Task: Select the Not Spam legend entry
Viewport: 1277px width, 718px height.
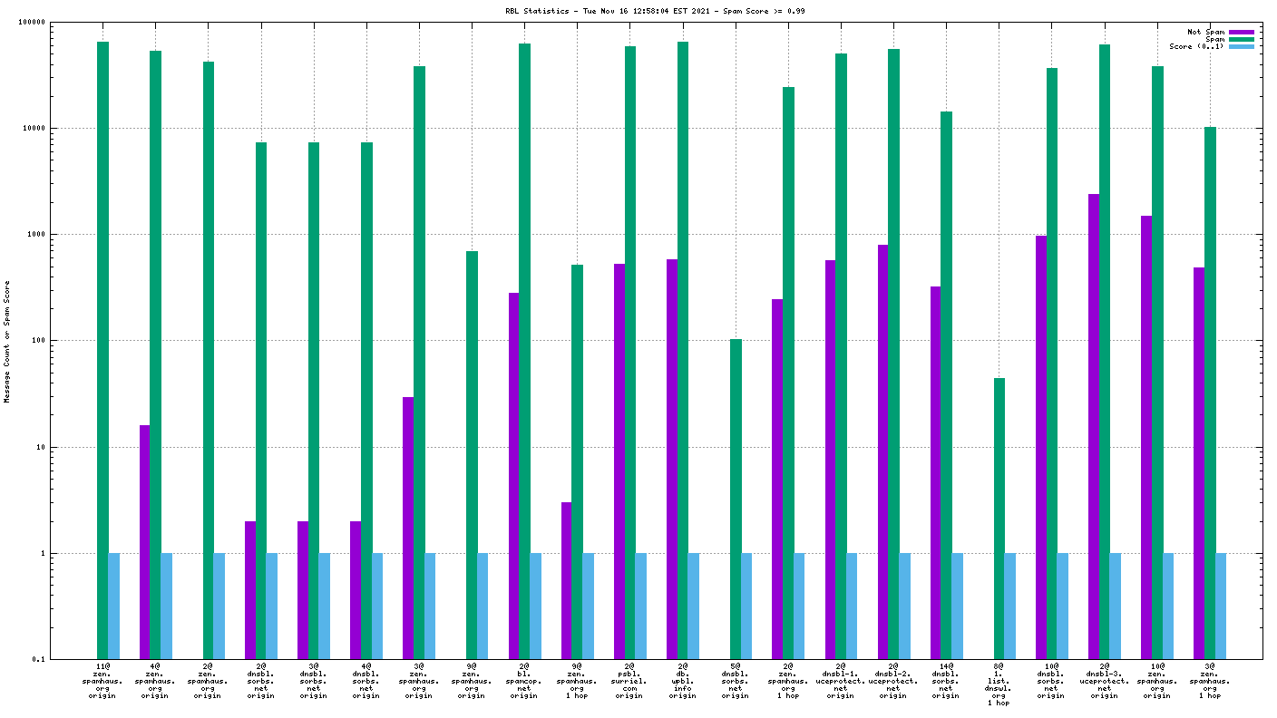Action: pos(1206,32)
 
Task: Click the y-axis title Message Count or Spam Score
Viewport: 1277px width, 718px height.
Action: pos(7,341)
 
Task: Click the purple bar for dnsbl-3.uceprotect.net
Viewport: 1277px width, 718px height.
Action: pos(1094,426)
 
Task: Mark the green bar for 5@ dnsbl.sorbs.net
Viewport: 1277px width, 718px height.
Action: pos(736,499)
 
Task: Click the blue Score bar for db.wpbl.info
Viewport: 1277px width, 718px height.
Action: pos(694,606)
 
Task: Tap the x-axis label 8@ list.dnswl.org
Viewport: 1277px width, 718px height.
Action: pos(999,684)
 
